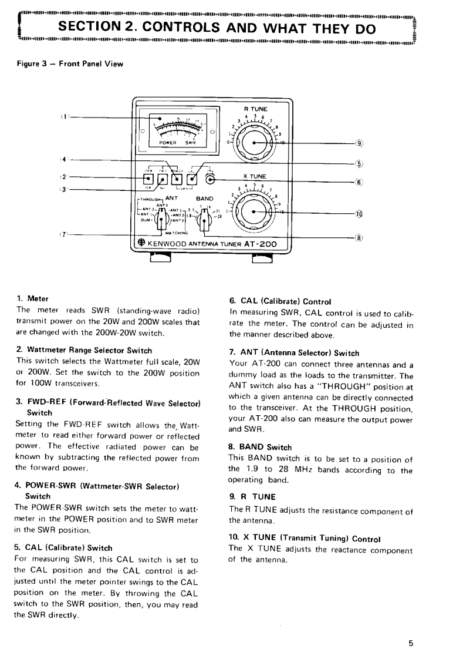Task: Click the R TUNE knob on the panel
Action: point(255,143)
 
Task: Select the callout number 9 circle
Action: point(360,143)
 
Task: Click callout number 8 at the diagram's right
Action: point(360,238)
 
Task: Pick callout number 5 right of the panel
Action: point(360,164)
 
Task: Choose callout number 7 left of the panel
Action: point(62,234)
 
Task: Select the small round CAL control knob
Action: point(210,179)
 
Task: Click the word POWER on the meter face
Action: point(162,142)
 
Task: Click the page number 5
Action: point(411,643)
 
